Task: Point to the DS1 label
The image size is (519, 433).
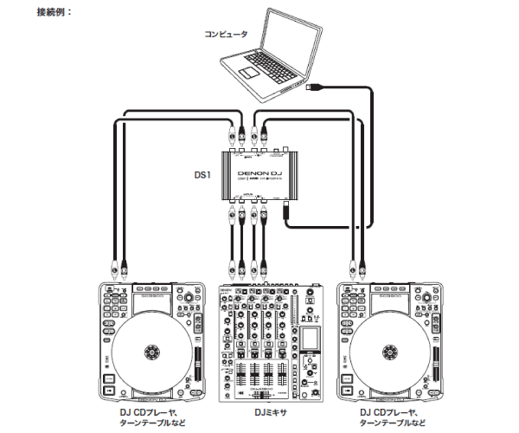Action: [202, 173]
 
